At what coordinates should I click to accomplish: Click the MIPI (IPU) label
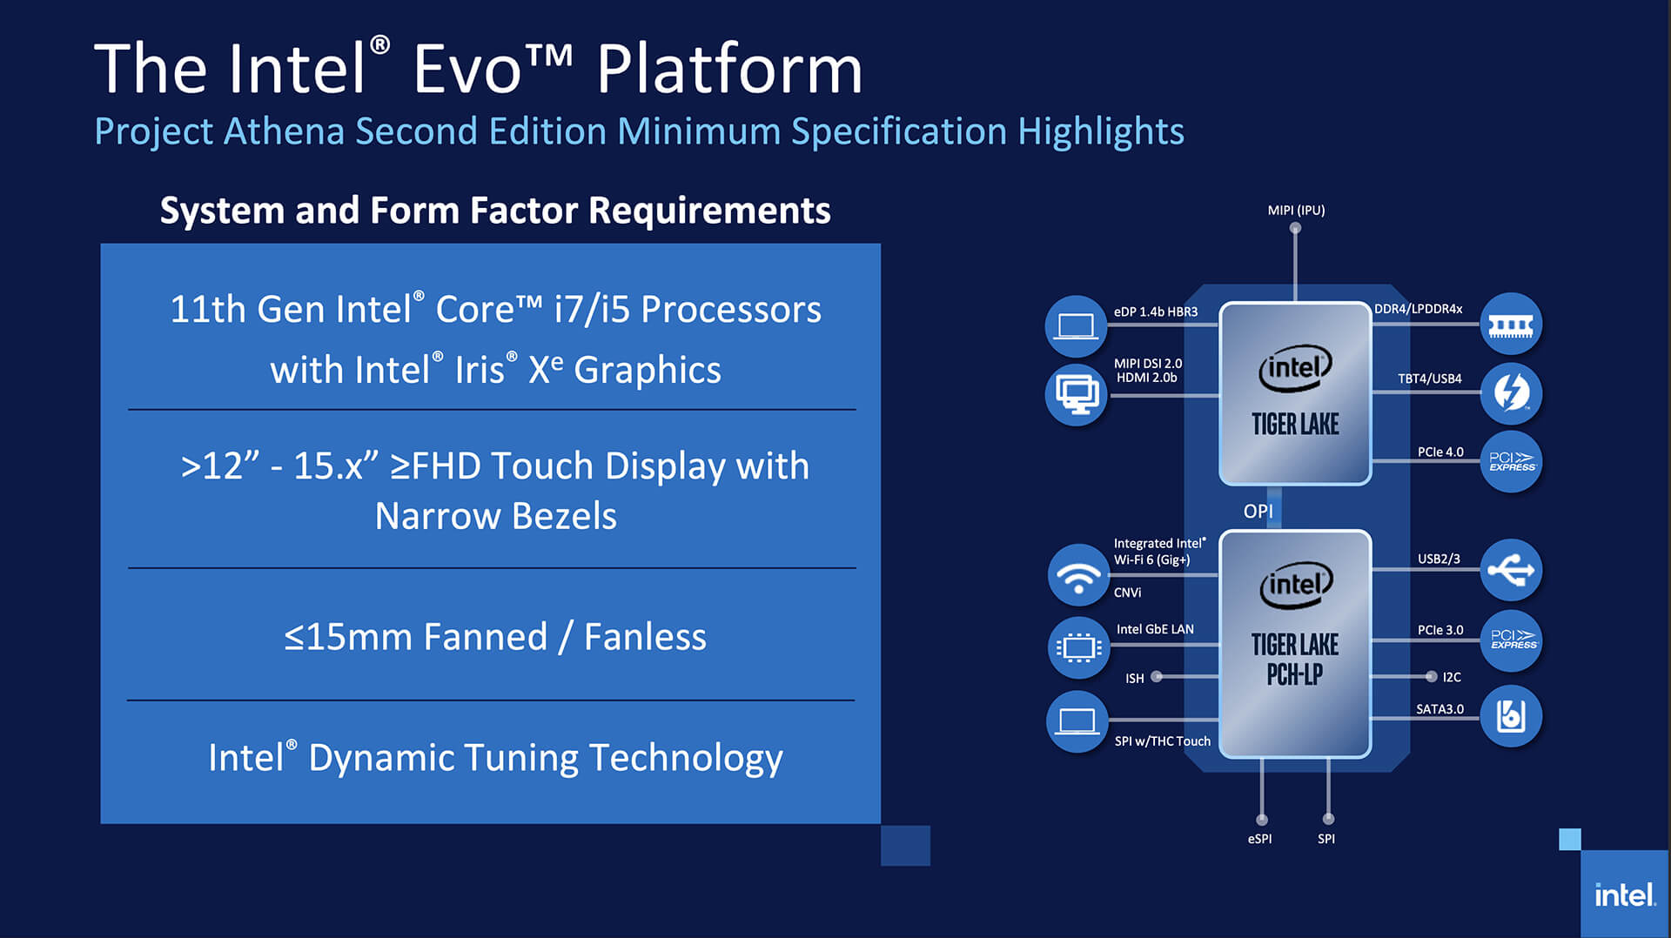pos(1296,211)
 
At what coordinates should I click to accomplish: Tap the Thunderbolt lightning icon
pos(1511,392)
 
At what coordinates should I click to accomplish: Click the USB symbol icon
pos(1511,571)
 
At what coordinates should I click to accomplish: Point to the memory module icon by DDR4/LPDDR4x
pos(1511,325)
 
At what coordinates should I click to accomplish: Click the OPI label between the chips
pos(1258,512)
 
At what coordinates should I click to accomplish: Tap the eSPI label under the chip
pos(1259,839)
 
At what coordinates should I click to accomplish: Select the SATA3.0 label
pos(1439,709)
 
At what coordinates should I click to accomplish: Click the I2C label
pos(1452,677)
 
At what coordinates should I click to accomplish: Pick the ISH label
pos(1134,679)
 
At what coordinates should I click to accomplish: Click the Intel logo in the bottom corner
pos(1624,894)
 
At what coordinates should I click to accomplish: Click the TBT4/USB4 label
pos(1429,379)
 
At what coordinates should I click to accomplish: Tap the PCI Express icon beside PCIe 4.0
pos(1511,461)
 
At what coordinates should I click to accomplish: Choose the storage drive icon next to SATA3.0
pos(1511,716)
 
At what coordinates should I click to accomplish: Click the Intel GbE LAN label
pos(1155,629)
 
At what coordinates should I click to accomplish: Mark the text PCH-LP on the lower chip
pos(1295,674)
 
